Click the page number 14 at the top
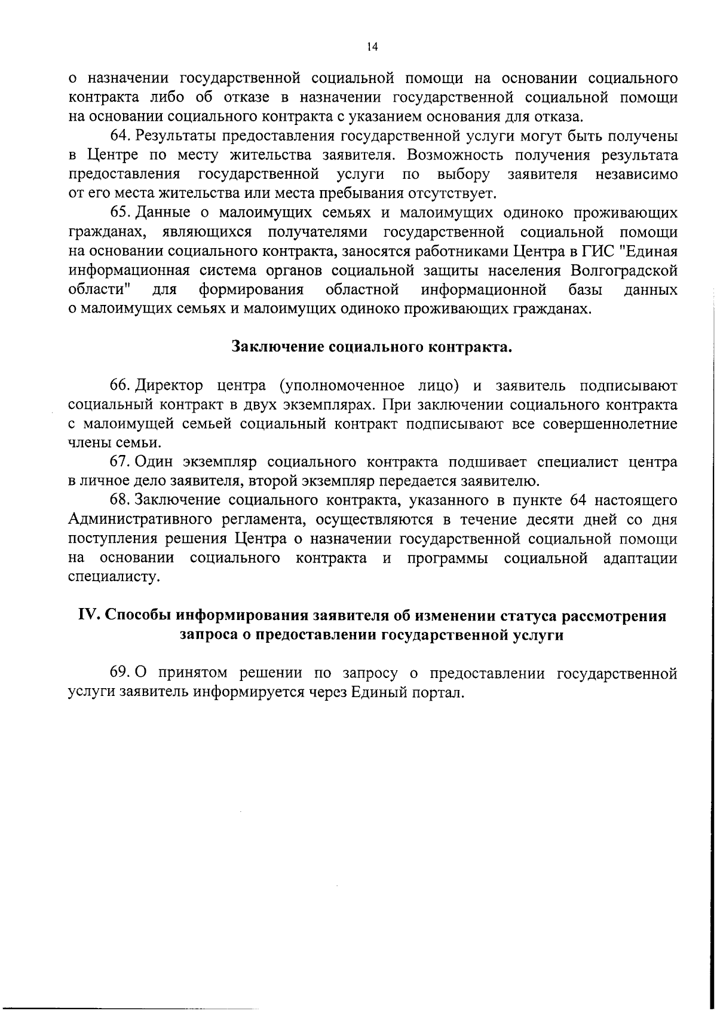372,47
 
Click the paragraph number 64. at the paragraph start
121,136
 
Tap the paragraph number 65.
121,213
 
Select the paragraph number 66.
121,386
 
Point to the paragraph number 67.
121,462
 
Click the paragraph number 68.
121,500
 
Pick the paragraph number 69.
121,673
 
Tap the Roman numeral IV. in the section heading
91,616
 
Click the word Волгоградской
624,271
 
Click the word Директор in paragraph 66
170,386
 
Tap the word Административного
140,520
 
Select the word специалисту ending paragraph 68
115,578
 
